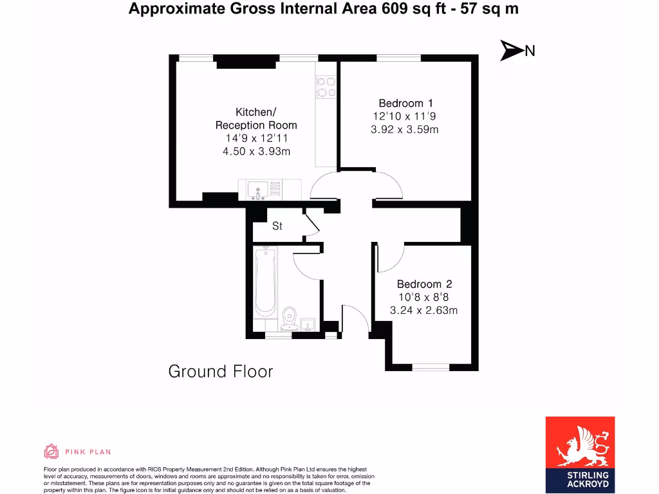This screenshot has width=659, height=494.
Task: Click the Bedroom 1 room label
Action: pyautogui.click(x=405, y=103)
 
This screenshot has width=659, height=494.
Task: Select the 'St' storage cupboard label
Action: pyautogui.click(x=277, y=226)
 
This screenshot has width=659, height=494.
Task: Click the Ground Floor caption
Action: pyautogui.click(x=220, y=371)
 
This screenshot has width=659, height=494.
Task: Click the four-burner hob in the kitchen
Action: pyautogui.click(x=325, y=87)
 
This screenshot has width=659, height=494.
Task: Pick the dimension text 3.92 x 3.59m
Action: pyautogui.click(x=405, y=130)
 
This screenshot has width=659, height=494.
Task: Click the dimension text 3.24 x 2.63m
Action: pyautogui.click(x=423, y=311)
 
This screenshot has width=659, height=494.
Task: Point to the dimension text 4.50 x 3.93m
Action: pyautogui.click(x=256, y=152)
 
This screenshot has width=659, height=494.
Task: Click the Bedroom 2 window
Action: pyautogui.click(x=431, y=367)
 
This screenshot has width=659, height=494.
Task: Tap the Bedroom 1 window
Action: pyautogui.click(x=398, y=58)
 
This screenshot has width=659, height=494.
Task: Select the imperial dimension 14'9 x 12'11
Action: pyautogui.click(x=256, y=138)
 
